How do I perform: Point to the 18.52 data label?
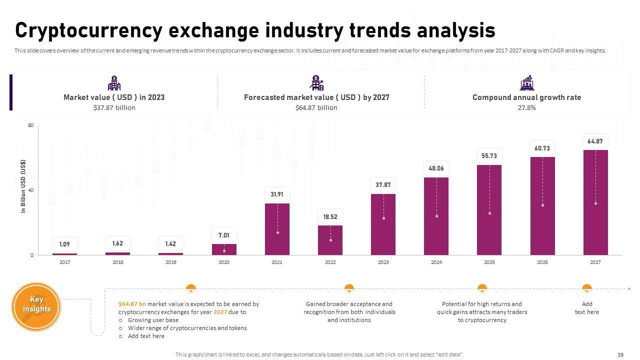330,216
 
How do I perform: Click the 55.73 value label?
489,156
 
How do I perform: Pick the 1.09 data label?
65,244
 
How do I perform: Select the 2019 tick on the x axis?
171,262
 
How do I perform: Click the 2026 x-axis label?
542,262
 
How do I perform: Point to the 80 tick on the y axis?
31,125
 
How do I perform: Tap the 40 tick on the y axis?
31,190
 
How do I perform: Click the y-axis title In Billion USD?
23,186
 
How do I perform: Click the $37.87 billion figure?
114,107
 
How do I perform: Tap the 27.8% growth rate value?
526,107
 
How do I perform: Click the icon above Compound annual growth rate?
526,83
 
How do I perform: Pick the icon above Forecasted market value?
316,83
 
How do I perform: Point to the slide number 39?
620,355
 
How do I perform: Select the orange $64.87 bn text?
132,304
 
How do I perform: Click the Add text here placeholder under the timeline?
587,308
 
